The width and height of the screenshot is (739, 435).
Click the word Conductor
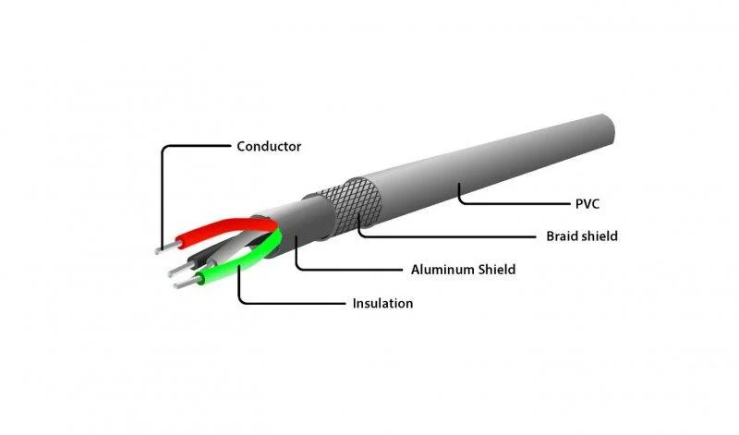pyautogui.click(x=269, y=146)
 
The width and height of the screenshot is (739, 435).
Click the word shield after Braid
pyautogui.click(x=600, y=236)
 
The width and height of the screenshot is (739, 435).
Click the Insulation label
pyautogui.click(x=382, y=303)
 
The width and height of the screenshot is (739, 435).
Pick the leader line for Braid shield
pyautogui.click(x=443, y=236)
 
